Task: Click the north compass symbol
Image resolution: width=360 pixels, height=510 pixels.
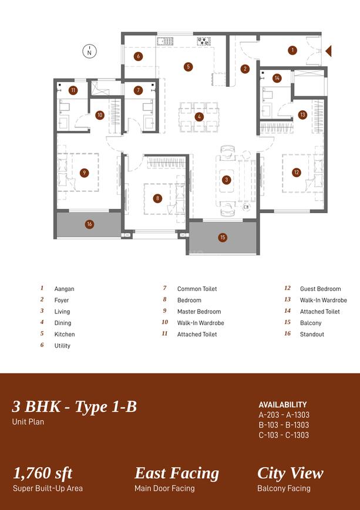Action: coord(89,51)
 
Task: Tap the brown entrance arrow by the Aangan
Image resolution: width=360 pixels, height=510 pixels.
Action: coord(329,51)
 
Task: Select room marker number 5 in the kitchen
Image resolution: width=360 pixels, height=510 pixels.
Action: coord(188,67)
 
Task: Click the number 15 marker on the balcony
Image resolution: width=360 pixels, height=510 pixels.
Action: coord(223,238)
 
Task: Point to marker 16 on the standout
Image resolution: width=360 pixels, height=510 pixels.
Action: coord(89,224)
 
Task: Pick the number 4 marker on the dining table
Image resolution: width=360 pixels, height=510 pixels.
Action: coord(199,117)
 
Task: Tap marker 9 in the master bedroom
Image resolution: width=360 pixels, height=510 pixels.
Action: coord(85,173)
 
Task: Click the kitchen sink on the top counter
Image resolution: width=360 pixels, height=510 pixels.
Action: coord(165,41)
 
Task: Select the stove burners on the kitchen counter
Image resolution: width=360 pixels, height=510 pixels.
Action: coord(204,41)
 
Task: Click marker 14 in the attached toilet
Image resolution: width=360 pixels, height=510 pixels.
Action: coord(277,78)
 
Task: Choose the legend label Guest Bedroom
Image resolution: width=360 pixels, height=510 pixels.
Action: coord(320,289)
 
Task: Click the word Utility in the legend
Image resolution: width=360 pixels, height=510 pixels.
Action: coord(62,346)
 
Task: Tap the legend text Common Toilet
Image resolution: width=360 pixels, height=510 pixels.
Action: coord(197,289)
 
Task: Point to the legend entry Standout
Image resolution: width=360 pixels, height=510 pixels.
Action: coord(312,335)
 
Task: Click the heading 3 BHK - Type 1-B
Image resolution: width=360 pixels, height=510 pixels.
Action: coord(75,407)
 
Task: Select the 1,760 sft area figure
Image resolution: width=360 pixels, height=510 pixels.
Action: coord(43,473)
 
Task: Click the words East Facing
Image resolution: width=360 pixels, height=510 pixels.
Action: coord(177,474)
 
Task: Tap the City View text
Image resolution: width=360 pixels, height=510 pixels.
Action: coord(290,474)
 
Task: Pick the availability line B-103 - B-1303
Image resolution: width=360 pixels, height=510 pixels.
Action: coord(284,425)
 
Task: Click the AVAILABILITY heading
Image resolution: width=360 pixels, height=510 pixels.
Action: coord(282,405)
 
